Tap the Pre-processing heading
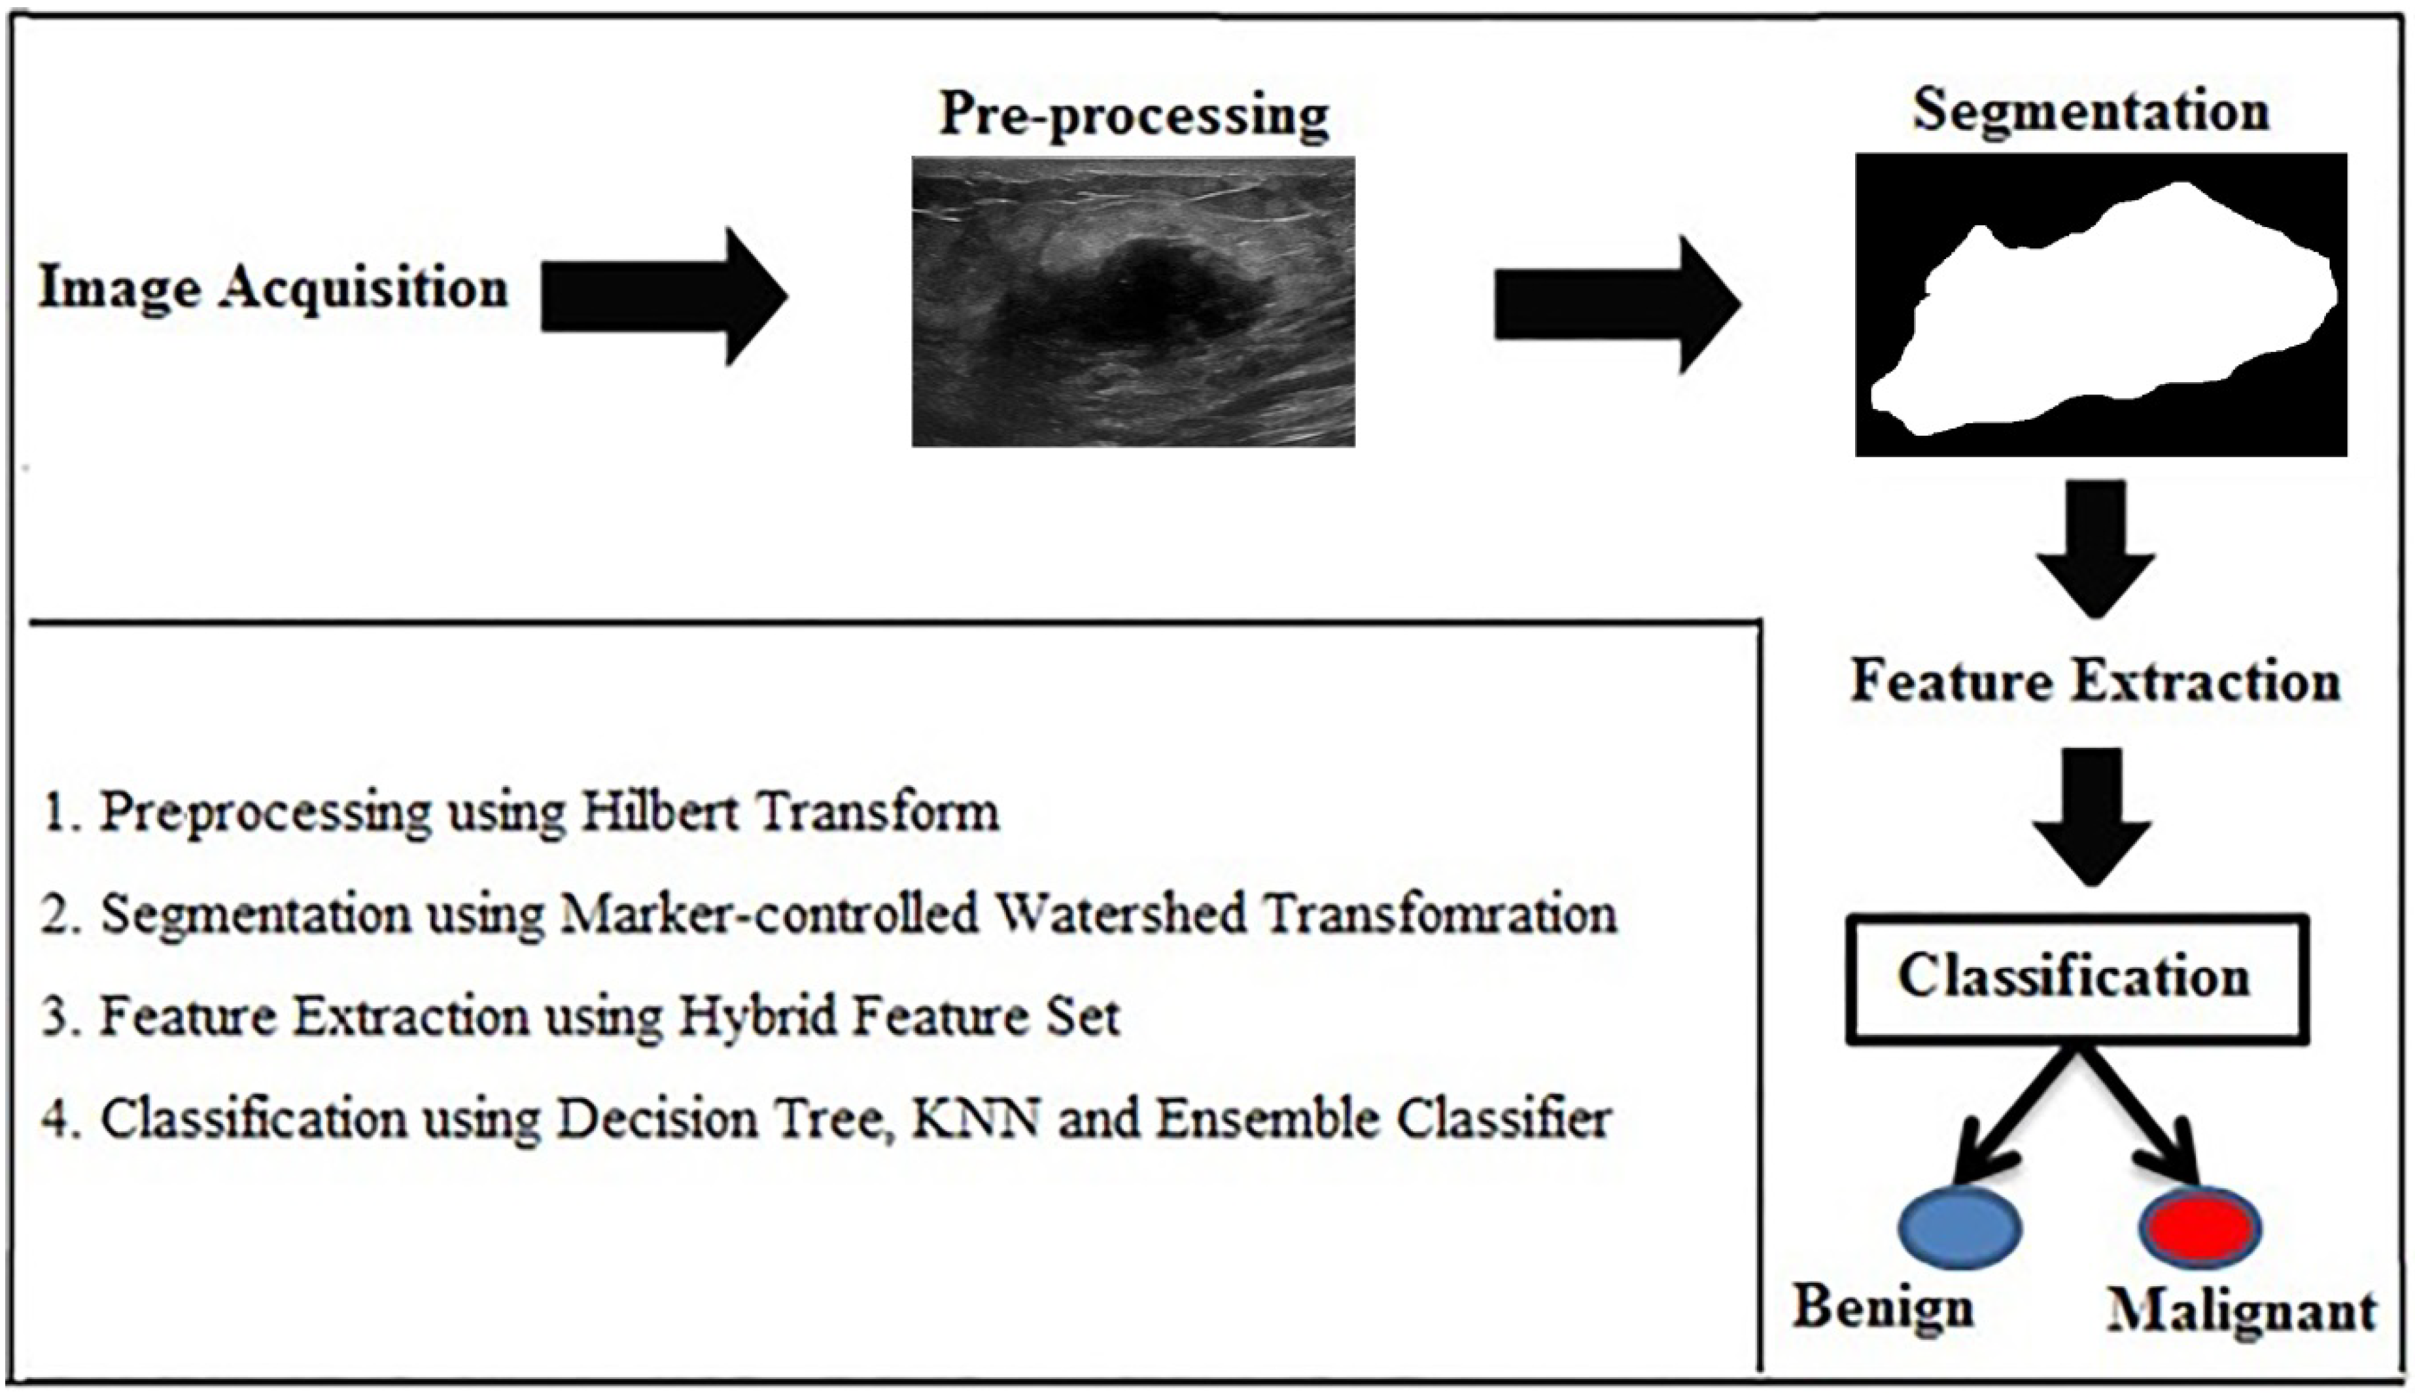[1134, 116]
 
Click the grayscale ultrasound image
[1133, 301]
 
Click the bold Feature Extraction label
[2095, 682]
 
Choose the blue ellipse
[1960, 1227]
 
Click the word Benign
[1884, 1308]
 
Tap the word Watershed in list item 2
[1119, 913]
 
